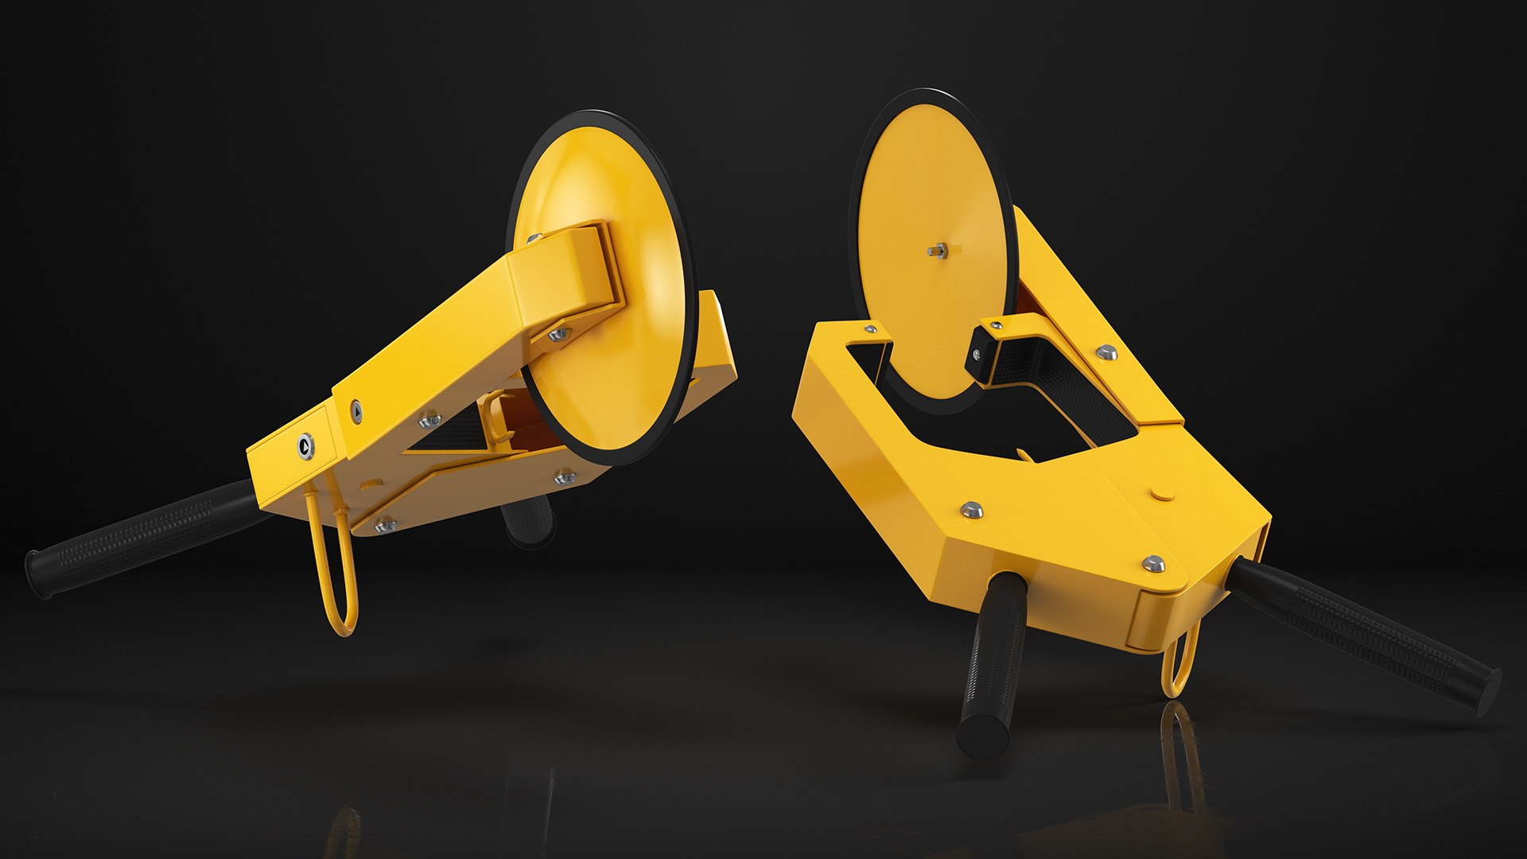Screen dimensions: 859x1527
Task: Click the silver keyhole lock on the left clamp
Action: click(305, 447)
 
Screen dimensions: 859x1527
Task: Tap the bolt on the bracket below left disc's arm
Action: click(559, 336)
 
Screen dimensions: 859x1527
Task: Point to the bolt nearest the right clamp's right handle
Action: click(1154, 563)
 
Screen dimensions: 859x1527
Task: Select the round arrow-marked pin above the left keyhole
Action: click(356, 410)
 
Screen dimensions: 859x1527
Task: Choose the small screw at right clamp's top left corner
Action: click(876, 328)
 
